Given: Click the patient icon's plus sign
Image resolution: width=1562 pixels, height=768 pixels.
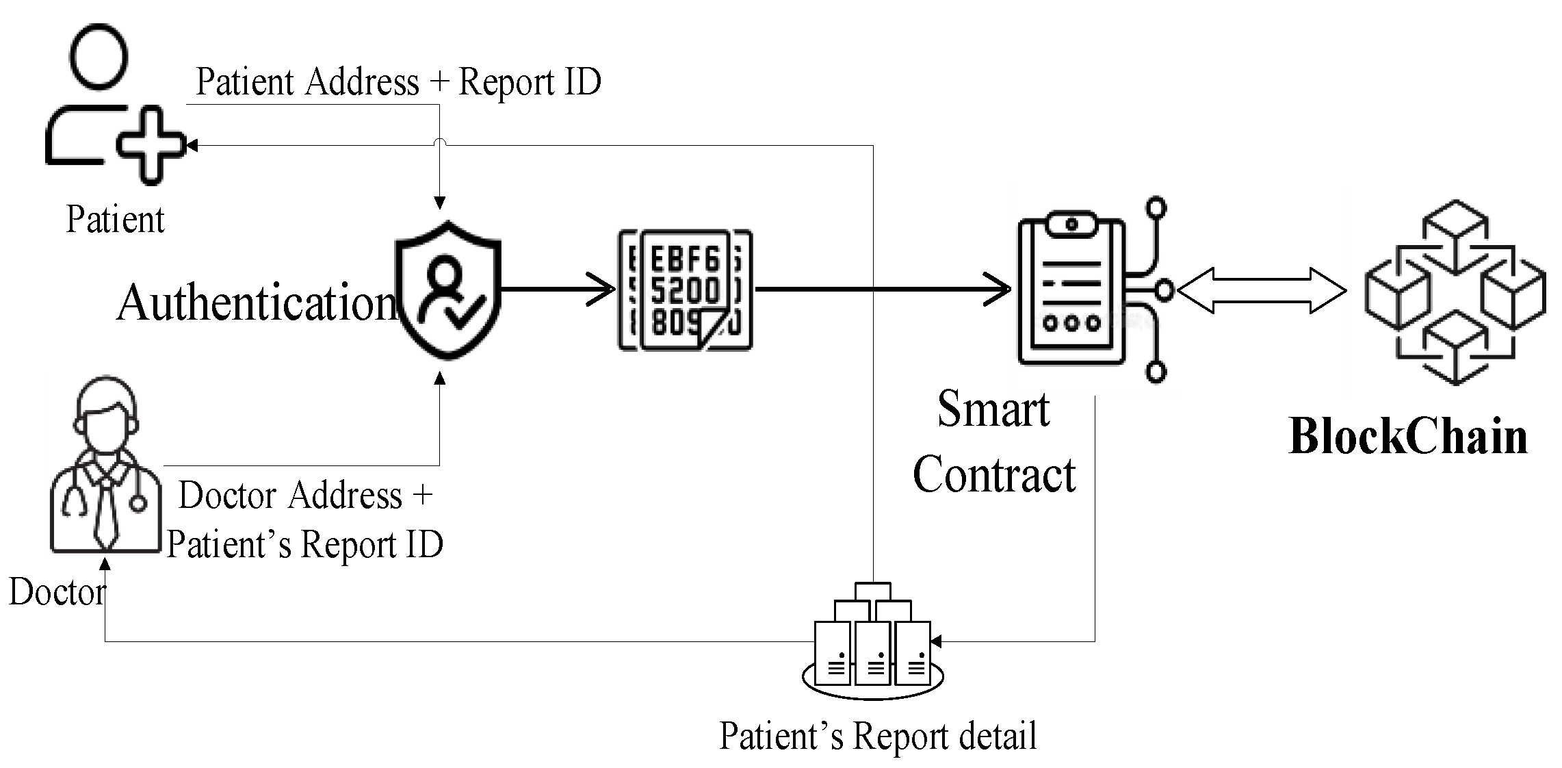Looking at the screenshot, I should [151, 145].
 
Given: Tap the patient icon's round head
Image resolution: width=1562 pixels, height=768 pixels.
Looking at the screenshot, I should [99, 55].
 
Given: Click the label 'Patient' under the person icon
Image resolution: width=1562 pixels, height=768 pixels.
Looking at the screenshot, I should [115, 220].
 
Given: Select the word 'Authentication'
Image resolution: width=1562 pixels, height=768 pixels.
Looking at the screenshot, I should [256, 303].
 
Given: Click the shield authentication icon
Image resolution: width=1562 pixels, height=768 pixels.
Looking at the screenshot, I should [449, 290].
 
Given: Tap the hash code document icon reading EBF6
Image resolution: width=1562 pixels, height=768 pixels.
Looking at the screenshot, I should [685, 290].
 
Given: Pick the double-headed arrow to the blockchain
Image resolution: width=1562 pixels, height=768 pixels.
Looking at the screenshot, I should [1262, 291].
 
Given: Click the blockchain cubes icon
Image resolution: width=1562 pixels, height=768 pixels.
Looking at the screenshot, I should [1455, 292].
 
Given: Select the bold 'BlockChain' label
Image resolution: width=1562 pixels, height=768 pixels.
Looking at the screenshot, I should [1408, 437].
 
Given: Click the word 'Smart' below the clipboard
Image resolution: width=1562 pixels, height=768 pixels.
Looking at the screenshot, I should [993, 409].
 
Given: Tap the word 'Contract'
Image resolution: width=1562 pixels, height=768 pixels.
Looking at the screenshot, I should [994, 474].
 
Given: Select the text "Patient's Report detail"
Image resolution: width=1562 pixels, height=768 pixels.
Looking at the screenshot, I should [878, 737].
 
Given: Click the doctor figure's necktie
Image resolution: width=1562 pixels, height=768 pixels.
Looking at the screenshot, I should [105, 513].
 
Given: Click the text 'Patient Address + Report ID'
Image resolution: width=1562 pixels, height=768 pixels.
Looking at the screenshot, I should [398, 82].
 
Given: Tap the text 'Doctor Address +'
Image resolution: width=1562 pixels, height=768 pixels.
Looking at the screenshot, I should [305, 495].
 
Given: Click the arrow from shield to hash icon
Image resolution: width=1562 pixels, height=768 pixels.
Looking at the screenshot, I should [558, 290].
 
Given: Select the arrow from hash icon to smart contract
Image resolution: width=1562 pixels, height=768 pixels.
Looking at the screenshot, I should [883, 290].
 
